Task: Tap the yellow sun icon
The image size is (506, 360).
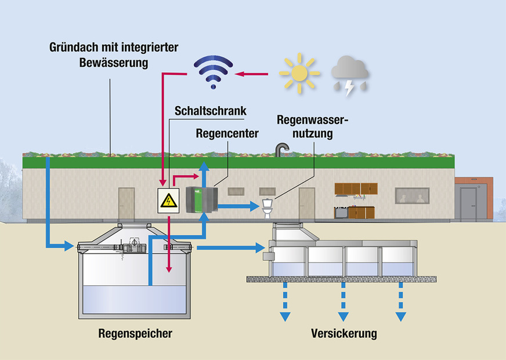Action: tap(299, 74)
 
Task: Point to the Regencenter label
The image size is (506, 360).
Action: tap(227, 134)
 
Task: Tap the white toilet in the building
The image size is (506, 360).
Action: tap(268, 209)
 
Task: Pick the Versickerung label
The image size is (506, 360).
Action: tap(344, 333)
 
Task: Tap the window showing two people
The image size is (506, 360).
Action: tap(412, 196)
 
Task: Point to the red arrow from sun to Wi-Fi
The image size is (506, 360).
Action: tap(253, 74)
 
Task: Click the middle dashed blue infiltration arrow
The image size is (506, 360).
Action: tap(344, 302)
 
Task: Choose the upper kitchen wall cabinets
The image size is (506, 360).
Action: tap(356, 188)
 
